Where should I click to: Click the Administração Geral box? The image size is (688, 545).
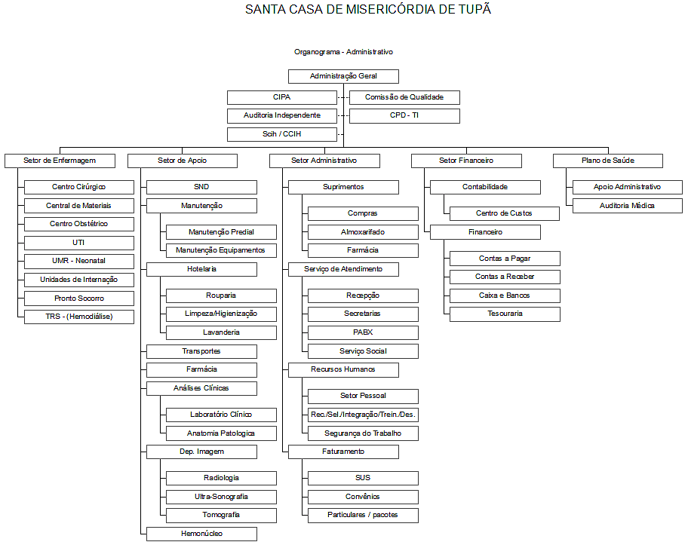click(343, 76)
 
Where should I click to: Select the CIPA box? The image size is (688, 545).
click(281, 97)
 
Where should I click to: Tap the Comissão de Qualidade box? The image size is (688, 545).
click(404, 97)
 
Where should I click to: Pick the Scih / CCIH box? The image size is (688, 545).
click(281, 135)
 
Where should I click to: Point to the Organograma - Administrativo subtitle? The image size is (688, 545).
click(343, 52)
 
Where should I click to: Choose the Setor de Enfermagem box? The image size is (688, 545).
click(60, 161)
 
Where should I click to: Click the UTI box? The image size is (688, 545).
click(79, 243)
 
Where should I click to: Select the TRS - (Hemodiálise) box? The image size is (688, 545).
click(79, 317)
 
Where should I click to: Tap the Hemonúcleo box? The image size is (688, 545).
click(201, 534)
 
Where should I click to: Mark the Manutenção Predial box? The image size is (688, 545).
click(221, 232)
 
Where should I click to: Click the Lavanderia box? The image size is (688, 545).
click(221, 332)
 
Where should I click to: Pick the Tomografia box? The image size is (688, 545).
click(221, 515)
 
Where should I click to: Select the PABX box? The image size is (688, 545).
click(363, 332)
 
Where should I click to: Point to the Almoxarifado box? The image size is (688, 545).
click(363, 232)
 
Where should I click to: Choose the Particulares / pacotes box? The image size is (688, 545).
click(363, 515)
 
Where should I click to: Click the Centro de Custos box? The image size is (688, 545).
click(505, 213)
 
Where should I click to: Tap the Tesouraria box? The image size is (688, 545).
click(505, 314)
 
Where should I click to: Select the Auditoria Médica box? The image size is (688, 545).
click(627, 206)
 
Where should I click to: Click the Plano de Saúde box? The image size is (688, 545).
click(607, 161)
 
